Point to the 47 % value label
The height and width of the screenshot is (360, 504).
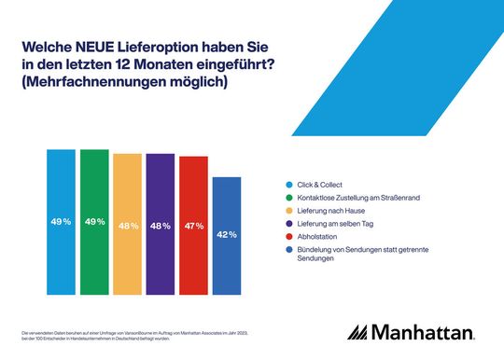[193, 226]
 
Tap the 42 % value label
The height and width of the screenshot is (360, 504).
[227, 235]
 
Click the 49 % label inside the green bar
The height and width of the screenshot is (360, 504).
[94, 221]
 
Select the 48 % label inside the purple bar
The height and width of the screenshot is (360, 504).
[161, 225]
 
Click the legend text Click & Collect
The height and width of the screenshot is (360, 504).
[315, 183]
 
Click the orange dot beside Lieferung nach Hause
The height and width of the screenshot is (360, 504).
[287, 210]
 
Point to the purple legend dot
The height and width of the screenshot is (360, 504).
[287, 223]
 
